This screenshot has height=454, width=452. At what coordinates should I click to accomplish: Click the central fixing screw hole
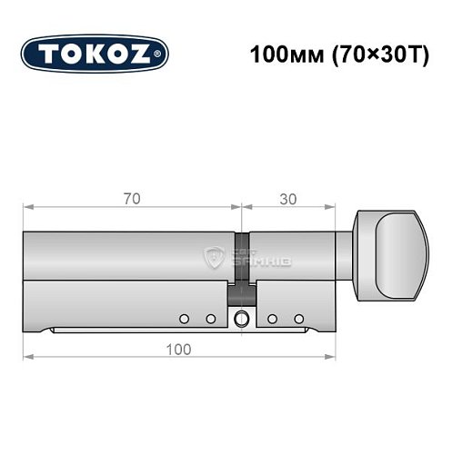click(x=241, y=318)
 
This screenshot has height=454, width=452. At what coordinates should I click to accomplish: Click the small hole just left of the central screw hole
click(x=209, y=318)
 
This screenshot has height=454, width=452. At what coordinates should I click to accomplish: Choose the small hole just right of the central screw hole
click(x=272, y=318)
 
